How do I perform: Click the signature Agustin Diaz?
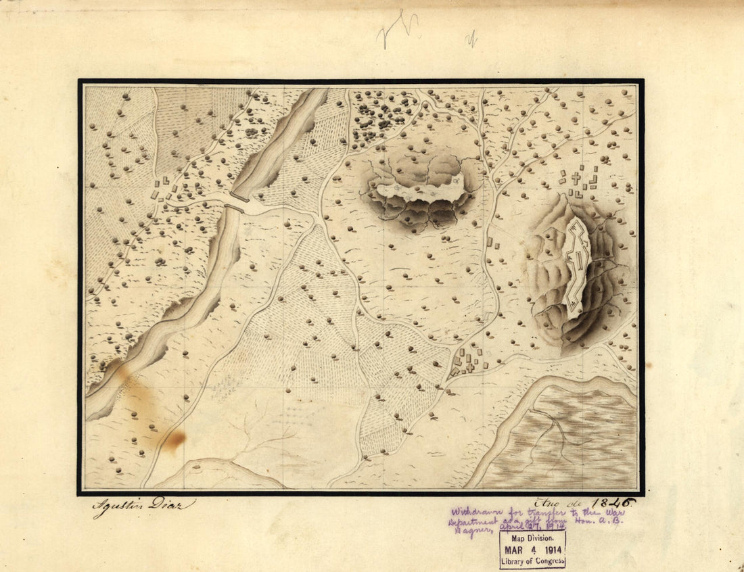point(143,506)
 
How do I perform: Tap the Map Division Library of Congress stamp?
point(532,549)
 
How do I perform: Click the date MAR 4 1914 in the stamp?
point(532,549)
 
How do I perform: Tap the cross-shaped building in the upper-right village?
point(576,178)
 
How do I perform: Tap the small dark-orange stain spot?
point(174,441)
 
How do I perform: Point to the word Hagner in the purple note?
point(467,531)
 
